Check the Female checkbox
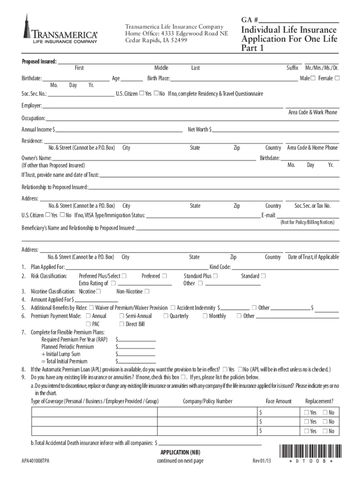337,78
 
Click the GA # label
250,20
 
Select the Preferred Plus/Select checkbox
124,276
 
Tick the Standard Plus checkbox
215,276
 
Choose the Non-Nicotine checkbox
147,291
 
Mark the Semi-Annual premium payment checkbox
121,316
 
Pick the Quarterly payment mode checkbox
166,316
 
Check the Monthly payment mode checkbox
205,316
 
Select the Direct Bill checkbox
121,324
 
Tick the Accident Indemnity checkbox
173,308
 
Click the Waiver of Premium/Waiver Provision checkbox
91,308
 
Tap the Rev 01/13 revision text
262,461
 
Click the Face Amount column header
279,401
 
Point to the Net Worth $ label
200,129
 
